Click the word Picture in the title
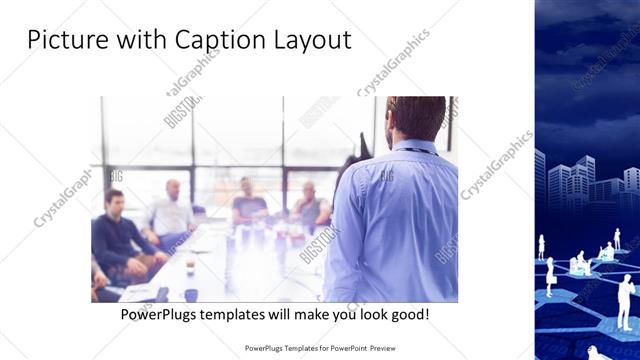point(62,41)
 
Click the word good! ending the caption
point(412,314)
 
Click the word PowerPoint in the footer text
point(339,349)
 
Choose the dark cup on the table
point(190,294)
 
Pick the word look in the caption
point(359,314)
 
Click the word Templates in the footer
point(290,349)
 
